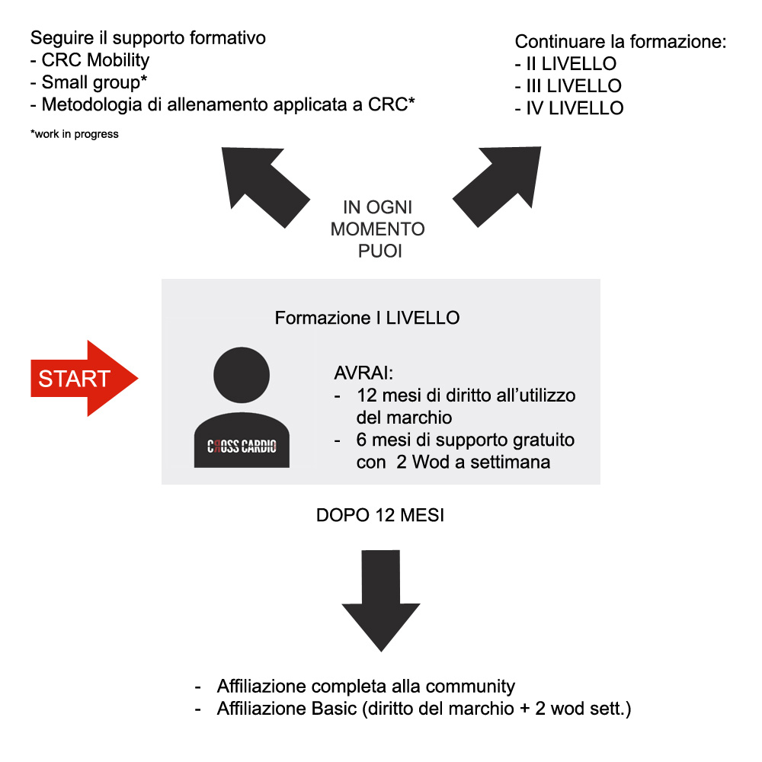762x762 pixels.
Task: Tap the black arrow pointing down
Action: [x=380, y=600]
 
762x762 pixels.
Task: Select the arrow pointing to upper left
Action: [x=265, y=187]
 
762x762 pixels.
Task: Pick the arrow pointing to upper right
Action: [x=497, y=187]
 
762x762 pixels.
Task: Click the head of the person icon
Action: [x=242, y=375]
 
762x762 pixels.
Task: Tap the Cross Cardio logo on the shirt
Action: [x=242, y=446]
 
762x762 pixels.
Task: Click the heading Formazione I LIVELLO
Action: [x=367, y=318]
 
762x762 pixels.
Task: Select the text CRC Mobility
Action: [x=95, y=60]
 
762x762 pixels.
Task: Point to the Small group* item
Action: [x=94, y=82]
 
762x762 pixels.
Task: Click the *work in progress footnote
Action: [x=75, y=134]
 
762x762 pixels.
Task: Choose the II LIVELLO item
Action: [x=571, y=64]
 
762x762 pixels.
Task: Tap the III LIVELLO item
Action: [x=574, y=86]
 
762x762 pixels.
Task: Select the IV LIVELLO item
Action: [x=575, y=108]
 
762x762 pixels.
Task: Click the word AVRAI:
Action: [x=363, y=373]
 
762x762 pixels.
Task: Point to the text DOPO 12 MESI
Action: [x=380, y=515]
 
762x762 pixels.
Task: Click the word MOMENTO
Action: [x=378, y=229]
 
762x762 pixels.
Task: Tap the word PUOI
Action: [x=380, y=251]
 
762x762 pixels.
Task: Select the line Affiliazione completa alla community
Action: [x=366, y=687]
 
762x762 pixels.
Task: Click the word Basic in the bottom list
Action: [x=335, y=709]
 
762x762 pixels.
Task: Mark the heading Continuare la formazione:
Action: [x=620, y=42]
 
